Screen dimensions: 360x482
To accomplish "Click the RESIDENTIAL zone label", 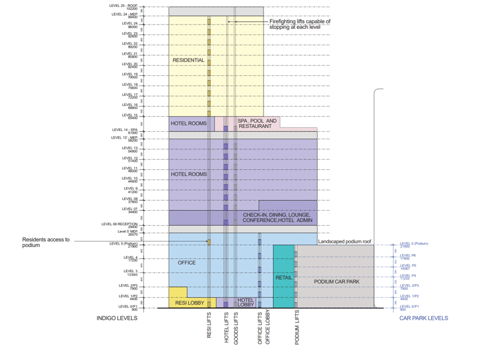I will click(188, 60).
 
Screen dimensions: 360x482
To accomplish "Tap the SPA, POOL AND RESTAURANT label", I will click(256, 124).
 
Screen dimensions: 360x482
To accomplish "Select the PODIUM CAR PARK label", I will click(336, 282).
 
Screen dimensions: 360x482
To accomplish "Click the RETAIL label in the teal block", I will click(284, 277).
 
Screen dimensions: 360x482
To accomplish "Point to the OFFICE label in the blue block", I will click(186, 263).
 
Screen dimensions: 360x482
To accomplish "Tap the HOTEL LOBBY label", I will click(245, 302).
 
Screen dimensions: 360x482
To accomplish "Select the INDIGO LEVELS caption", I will click(116, 318).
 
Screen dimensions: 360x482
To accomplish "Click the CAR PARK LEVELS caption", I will click(424, 318).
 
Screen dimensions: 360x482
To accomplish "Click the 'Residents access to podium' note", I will click(46, 242).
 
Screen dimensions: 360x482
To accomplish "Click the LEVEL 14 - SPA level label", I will click(124, 131).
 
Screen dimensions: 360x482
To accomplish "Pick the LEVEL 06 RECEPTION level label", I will click(119, 225).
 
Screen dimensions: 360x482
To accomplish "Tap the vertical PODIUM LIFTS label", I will click(297, 327).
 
